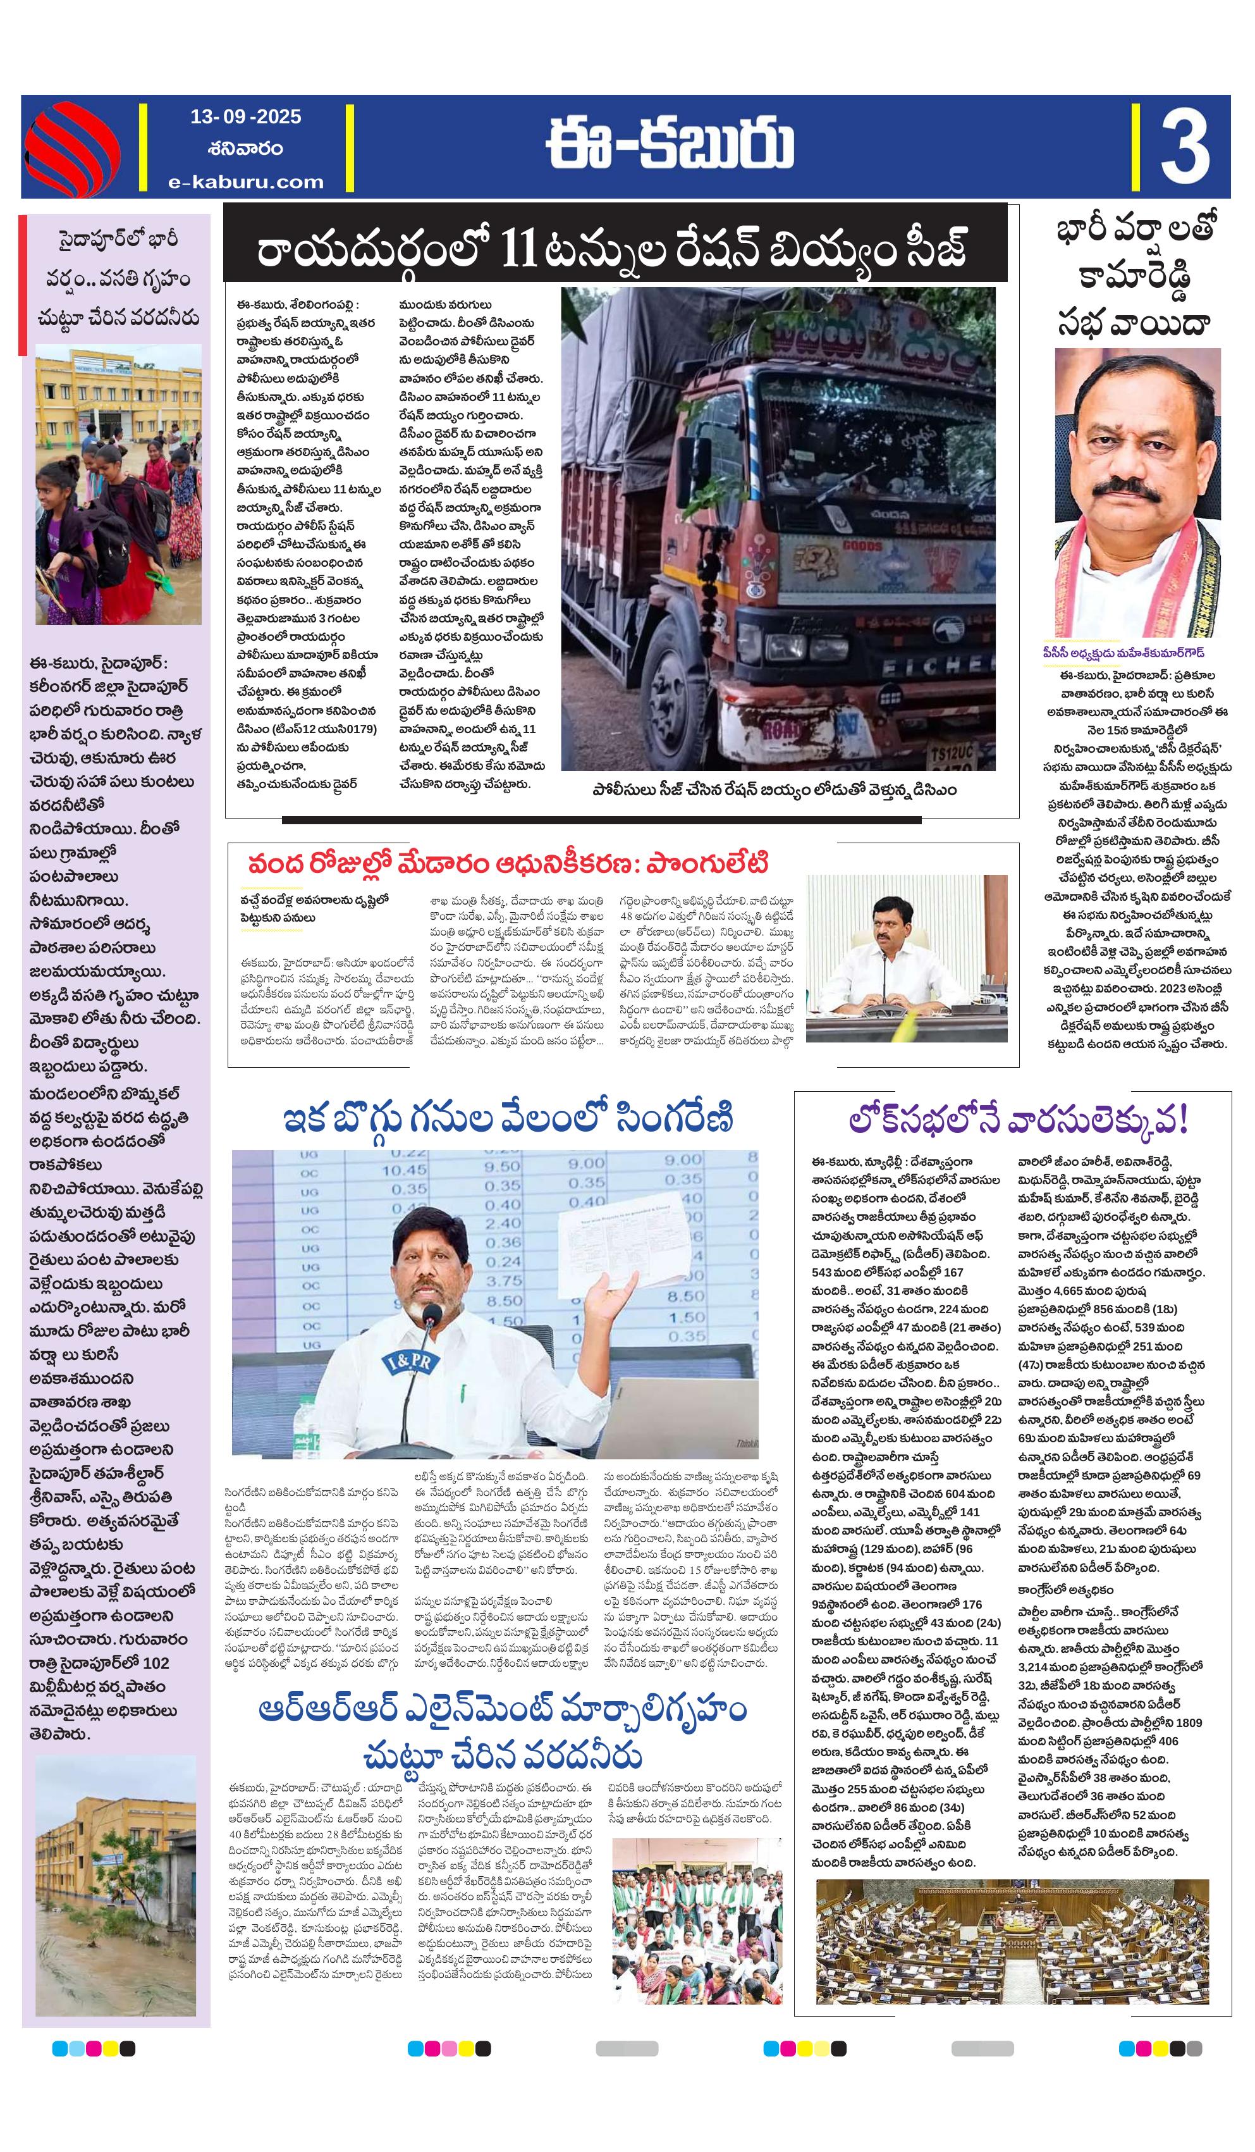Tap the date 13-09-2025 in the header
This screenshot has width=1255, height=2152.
[246, 117]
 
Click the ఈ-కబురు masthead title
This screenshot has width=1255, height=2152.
[670, 144]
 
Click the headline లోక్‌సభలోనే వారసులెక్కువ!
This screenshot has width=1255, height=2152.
[1019, 1120]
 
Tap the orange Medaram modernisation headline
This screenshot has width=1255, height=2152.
[508, 863]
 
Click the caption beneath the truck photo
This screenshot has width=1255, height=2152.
[774, 790]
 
